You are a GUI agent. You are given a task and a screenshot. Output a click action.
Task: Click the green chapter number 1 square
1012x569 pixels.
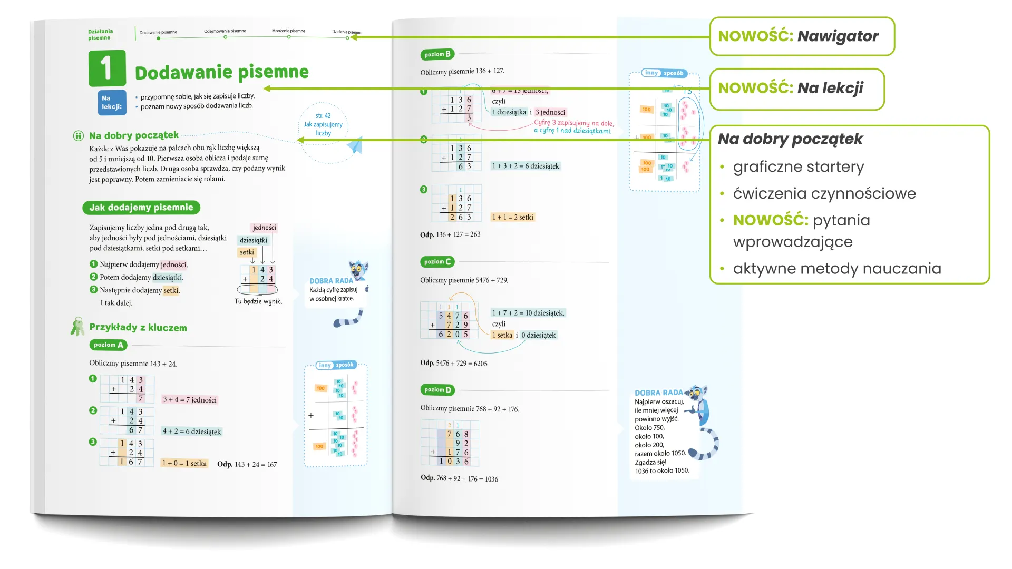(107, 68)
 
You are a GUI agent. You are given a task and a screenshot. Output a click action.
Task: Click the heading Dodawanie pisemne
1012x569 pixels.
(221, 72)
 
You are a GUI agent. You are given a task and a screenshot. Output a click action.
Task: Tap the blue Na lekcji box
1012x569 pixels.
(112, 102)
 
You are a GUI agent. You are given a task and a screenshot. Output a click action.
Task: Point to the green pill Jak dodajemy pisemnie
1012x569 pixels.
(141, 208)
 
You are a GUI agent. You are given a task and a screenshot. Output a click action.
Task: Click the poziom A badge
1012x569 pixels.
(108, 345)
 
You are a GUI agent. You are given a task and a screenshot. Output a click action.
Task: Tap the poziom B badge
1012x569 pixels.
(437, 54)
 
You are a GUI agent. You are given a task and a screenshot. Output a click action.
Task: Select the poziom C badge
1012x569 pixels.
(437, 262)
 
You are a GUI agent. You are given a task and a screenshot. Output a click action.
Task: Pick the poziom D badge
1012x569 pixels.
(437, 390)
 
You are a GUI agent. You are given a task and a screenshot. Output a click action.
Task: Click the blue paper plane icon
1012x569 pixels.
(356, 145)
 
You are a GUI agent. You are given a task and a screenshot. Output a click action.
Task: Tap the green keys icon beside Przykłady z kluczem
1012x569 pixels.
(77, 327)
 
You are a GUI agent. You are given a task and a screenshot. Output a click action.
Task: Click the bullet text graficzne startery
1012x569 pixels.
(798, 167)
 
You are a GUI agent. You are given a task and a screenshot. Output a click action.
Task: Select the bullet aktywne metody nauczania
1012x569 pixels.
(836, 269)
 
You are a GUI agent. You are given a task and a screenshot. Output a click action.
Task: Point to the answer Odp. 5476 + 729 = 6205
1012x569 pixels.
(453, 363)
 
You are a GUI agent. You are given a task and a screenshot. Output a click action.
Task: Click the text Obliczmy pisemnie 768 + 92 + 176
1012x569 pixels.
(469, 409)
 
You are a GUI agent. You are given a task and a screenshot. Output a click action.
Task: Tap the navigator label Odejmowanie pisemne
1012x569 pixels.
(225, 31)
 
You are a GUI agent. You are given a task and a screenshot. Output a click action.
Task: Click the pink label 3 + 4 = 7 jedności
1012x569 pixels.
(190, 400)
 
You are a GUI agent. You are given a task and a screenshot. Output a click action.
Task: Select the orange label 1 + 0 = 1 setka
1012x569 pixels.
(184, 464)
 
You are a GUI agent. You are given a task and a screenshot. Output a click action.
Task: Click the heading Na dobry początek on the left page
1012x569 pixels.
(133, 135)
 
